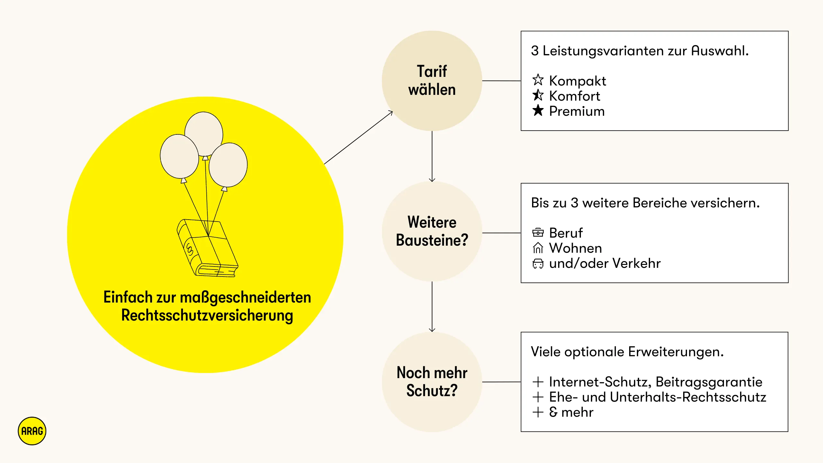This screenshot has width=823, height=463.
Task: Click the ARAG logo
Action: point(32,431)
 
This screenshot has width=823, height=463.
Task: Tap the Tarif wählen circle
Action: point(432,80)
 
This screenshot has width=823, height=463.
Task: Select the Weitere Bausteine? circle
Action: point(432,231)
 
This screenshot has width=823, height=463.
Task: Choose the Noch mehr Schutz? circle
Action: point(432,382)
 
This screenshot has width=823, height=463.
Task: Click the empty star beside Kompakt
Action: point(538,80)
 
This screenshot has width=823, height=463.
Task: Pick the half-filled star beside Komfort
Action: point(538,95)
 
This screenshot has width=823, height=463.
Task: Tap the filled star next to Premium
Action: point(538,110)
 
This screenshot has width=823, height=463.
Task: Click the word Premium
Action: point(577,111)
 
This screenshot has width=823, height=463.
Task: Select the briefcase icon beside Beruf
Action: point(538,232)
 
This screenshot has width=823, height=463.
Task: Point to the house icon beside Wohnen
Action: point(538,248)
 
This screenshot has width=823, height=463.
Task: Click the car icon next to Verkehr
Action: point(538,263)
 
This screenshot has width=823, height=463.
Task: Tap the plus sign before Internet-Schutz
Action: point(538,382)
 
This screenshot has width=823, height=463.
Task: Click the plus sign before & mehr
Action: point(538,412)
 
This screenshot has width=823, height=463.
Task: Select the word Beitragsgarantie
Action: point(709,382)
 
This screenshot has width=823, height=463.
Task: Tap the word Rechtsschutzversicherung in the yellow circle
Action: point(207,315)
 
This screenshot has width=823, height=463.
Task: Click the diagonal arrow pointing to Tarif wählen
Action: point(358,137)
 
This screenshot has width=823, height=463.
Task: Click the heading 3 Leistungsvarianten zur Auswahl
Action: point(640,51)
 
